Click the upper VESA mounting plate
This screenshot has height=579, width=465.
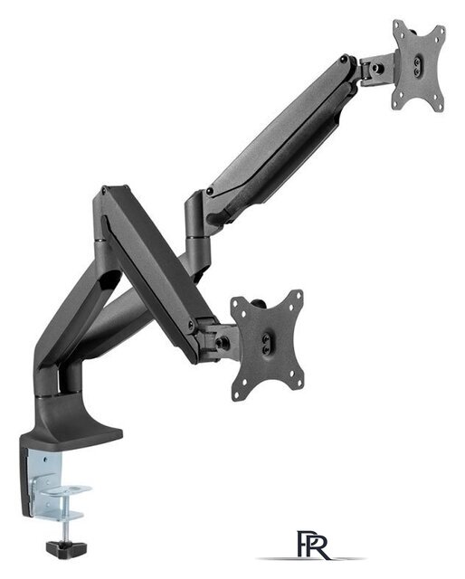pos(419,65)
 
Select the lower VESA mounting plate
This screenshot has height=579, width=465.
pos(267,345)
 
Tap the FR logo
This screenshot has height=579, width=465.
pos(313,546)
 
